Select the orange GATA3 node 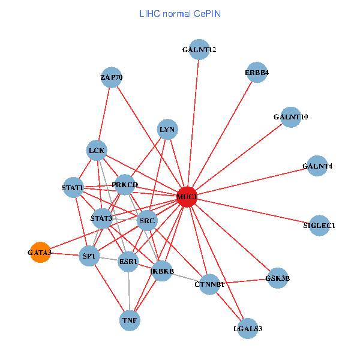40,253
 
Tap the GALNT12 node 199,50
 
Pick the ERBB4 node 256,73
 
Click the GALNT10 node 290,116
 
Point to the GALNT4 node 317,166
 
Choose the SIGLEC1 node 319,226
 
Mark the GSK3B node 277,278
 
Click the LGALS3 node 248,328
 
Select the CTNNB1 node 209,284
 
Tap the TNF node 130,320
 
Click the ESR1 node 128,262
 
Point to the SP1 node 89,257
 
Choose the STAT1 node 73,187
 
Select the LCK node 97,150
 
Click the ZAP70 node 112,77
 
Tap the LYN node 167,130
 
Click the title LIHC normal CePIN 179,13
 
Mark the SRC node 147,221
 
